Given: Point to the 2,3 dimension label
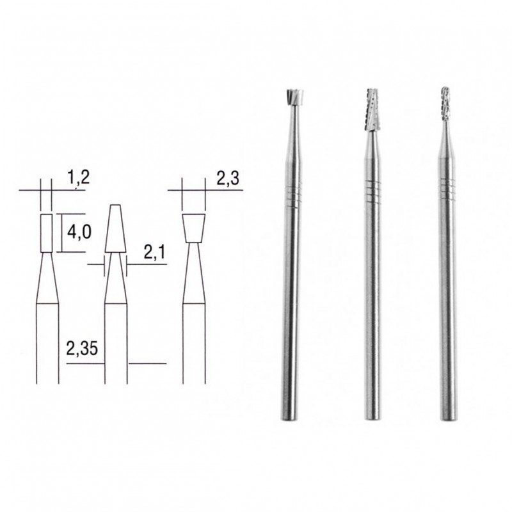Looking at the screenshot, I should tap(227, 181).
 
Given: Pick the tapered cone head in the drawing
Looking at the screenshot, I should tap(116, 229).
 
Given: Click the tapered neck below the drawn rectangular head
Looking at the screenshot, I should tap(47, 278).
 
